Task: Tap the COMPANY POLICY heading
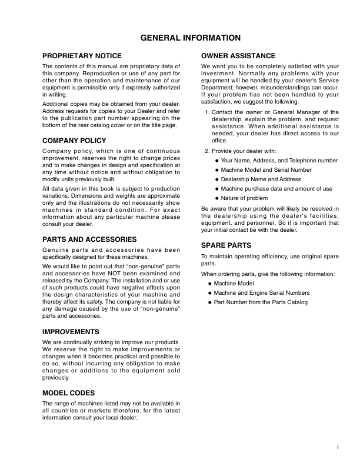click(x=74, y=141)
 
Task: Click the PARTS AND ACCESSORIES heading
click(x=89, y=239)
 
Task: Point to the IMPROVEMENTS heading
click(x=71, y=332)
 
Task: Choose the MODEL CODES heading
click(x=68, y=392)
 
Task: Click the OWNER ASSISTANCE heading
click(x=238, y=56)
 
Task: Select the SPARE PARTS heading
click(x=226, y=244)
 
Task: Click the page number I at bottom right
click(x=338, y=447)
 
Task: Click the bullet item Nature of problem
click(x=244, y=198)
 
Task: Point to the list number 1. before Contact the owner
click(x=207, y=112)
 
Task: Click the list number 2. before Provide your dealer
click(x=207, y=151)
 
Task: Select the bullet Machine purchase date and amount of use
click(x=276, y=188)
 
